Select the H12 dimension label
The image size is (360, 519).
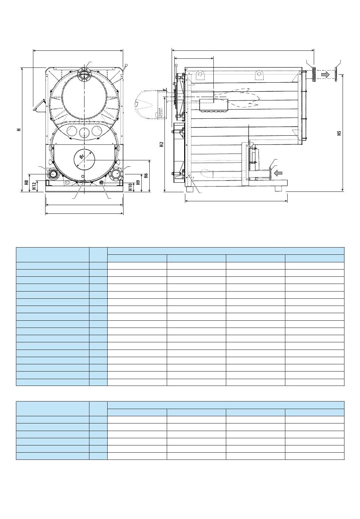tap(34, 186)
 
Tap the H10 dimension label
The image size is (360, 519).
tap(130, 187)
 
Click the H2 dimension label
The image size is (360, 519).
tap(162, 144)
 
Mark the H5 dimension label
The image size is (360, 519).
tap(340, 133)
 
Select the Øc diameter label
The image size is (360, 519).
tap(82, 157)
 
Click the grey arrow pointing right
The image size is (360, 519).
tap(325, 74)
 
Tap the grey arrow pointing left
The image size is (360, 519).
tap(278, 173)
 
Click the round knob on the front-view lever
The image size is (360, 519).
tap(126, 65)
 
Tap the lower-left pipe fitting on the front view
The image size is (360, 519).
tap(53, 173)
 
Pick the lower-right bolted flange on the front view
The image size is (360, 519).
tap(116, 173)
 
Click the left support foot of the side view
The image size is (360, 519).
tap(190, 189)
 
